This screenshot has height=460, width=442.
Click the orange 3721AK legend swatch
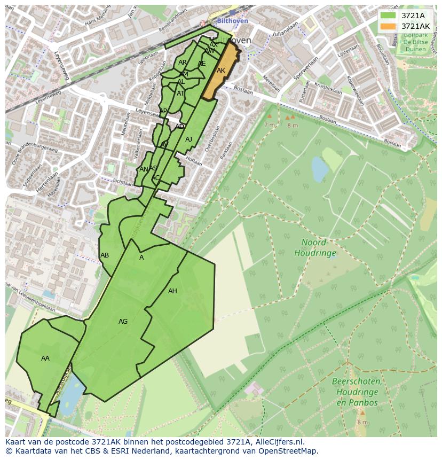click(389, 26)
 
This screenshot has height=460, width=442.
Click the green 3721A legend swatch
click(389, 15)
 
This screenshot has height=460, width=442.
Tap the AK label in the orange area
click(221, 71)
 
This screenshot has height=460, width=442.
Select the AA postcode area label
click(45, 358)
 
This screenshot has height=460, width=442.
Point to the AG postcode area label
click(123, 322)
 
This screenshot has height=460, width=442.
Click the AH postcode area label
click(172, 291)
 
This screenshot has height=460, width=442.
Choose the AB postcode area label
click(105, 255)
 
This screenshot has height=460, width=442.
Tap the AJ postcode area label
click(188, 139)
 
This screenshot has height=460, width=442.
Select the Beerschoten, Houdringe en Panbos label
click(357, 392)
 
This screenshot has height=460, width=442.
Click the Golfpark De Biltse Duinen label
click(414, 41)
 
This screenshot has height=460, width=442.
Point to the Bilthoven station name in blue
click(233, 21)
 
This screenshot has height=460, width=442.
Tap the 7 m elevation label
click(270, 124)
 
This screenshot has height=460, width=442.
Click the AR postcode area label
click(183, 63)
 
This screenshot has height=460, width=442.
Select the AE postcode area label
click(201, 64)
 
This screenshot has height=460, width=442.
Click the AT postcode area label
click(180, 93)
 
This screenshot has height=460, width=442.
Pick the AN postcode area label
click(143, 169)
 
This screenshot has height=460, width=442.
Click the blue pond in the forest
click(320, 169)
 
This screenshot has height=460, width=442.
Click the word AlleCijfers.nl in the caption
click(278, 442)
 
